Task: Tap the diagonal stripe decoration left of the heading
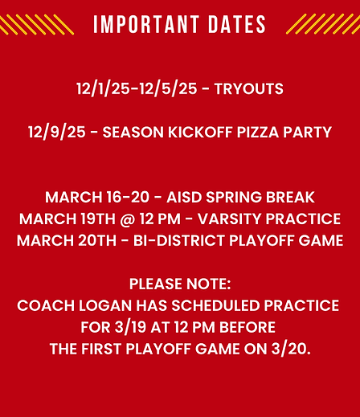37,25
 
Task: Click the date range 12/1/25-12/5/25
137,89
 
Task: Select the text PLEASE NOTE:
179,284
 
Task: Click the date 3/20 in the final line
293,350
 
